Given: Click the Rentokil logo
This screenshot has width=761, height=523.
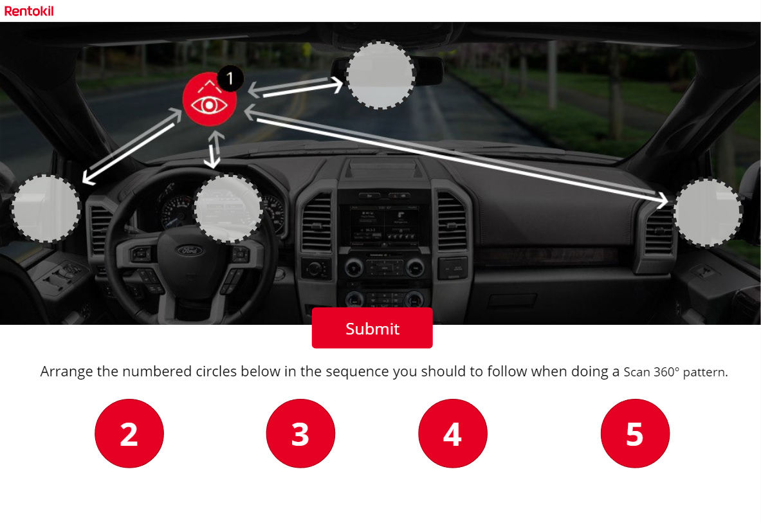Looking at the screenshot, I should click(x=29, y=10).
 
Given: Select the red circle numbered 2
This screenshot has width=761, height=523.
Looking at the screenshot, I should click(x=129, y=434).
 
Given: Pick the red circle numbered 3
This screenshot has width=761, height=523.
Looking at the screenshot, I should click(x=300, y=434).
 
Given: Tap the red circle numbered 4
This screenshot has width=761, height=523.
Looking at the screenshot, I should click(x=453, y=434).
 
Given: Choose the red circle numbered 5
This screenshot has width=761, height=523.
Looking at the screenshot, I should click(x=635, y=434).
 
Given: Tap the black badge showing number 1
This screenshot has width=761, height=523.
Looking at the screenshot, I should click(x=230, y=79).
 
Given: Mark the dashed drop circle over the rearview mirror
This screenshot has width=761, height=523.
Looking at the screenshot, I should click(x=380, y=75).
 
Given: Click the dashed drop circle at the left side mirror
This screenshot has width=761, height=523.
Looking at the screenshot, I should click(x=46, y=208).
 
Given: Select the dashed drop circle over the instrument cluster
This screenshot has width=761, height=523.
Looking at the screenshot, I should click(x=228, y=208).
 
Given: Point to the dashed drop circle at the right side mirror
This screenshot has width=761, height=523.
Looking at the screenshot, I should click(x=708, y=213).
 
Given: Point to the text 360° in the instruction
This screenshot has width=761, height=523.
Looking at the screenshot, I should click(x=666, y=372).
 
